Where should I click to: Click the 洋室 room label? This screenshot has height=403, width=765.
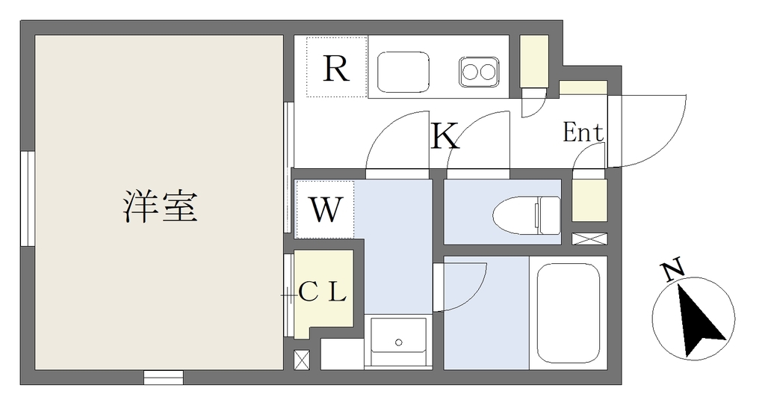pos(160,207)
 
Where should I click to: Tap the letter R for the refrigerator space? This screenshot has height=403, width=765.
pos(336,68)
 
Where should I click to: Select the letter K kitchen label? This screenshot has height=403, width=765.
pos(445,136)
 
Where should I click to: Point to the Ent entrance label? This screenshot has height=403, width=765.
pos(583,132)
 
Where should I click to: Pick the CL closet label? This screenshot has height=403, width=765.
pos(322,292)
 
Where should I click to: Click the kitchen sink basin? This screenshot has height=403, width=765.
pos(403,72)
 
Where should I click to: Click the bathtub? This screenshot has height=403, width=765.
pos(569,313)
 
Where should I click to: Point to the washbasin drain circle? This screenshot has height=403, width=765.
pos(399,342)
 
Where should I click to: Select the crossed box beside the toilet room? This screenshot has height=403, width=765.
pos(589,239)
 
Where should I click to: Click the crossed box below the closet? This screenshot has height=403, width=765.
pos(302,360)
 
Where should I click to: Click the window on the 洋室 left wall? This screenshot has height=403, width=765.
pos(28,199)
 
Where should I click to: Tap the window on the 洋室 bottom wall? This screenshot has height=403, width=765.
pos(164,377)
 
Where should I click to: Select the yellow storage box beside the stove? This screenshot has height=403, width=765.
pos(533,61)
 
